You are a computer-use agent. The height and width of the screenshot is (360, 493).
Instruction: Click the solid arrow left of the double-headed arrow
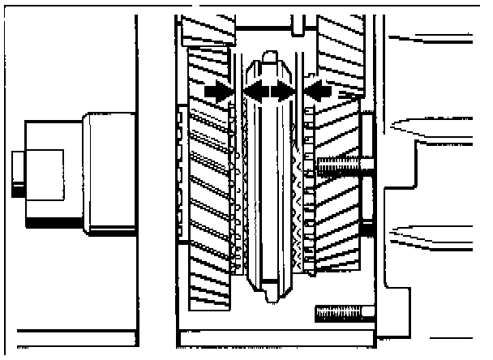[217, 93]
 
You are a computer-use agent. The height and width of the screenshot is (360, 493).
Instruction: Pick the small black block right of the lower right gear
[366, 231]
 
